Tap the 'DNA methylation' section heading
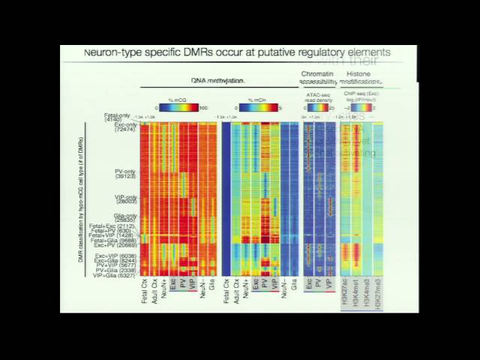(x=217, y=79)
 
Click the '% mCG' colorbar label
(x=177, y=100)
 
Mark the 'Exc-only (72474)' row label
(x=124, y=127)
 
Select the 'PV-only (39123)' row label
(x=124, y=173)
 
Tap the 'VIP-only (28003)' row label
(x=124, y=199)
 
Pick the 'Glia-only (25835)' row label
(x=124, y=217)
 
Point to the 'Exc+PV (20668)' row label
(x=115, y=245)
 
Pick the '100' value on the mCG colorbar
(x=203, y=108)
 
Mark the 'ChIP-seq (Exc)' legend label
(x=361, y=94)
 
